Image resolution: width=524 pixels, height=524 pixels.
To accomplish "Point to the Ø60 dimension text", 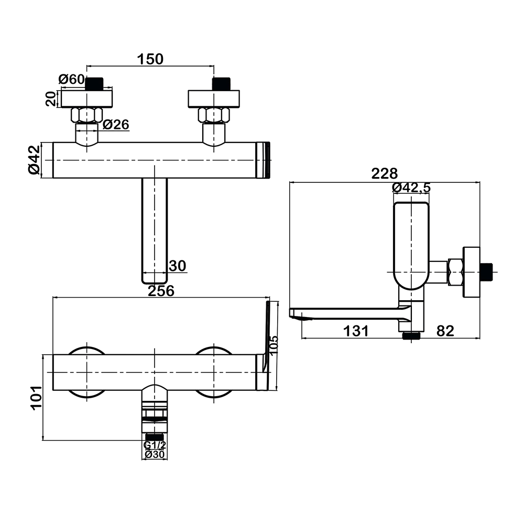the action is tap(71, 79).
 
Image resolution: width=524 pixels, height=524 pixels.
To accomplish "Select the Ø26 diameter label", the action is tap(116, 124).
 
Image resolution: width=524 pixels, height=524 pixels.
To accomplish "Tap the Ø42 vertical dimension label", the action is tap(34, 160).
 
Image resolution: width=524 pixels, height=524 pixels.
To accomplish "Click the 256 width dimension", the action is tap(161, 291).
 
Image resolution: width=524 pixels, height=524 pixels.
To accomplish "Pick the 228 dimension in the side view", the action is tap(385, 173).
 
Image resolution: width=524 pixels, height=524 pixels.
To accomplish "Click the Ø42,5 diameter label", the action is tap(411, 188).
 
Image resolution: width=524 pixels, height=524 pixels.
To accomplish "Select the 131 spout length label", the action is tap(356, 331).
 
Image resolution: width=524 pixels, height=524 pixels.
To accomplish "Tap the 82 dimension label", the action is tap(445, 331).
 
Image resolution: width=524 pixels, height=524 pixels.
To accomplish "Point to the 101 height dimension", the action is tap(36, 397).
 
